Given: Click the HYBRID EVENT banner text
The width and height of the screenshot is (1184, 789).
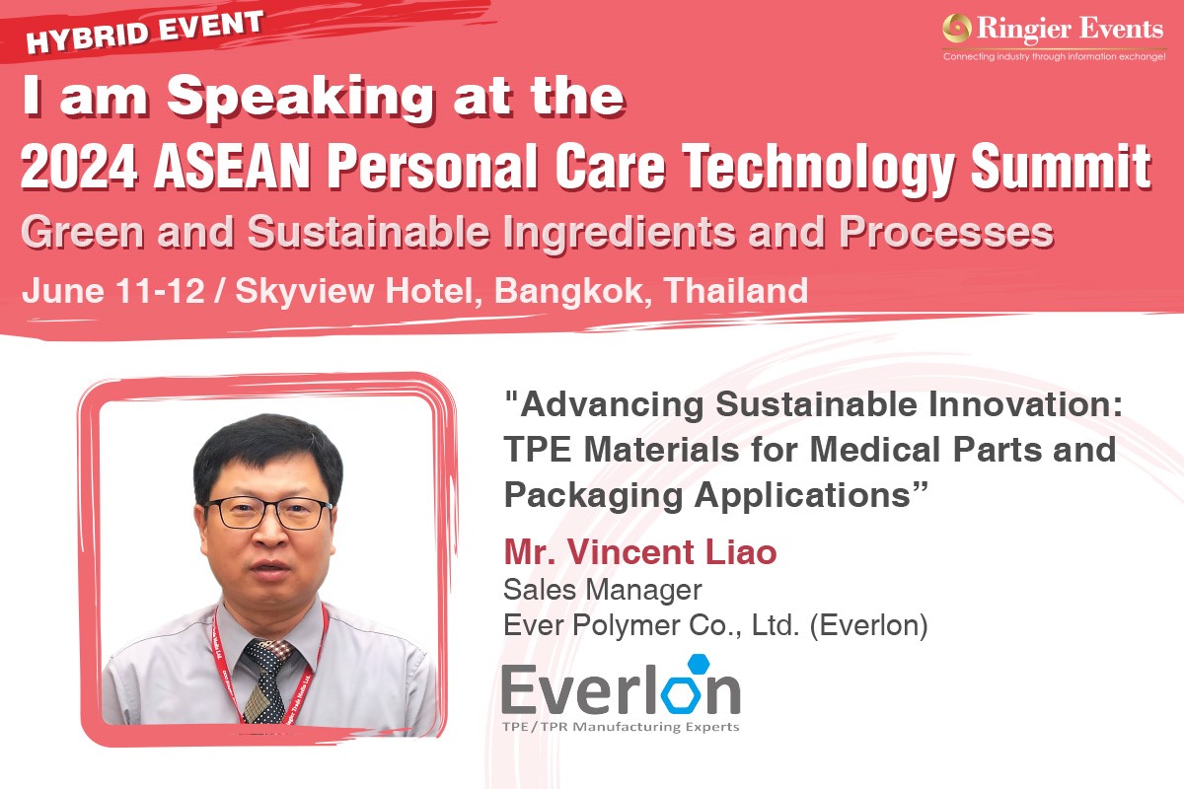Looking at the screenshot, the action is [144, 33].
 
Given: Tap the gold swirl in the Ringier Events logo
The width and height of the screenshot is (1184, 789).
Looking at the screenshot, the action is [957, 28].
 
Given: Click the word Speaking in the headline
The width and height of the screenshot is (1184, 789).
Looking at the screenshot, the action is [300, 99].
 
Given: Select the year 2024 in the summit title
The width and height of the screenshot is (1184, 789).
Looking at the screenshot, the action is [79, 166].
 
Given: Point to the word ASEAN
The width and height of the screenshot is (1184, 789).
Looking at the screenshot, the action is [232, 166].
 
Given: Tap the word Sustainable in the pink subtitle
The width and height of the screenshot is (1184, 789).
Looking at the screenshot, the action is [368, 232].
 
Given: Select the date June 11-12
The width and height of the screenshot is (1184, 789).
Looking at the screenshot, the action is [113, 290].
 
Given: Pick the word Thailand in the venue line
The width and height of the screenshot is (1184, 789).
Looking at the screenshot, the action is [736, 290].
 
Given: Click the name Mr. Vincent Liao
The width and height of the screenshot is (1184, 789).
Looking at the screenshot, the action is [640, 551].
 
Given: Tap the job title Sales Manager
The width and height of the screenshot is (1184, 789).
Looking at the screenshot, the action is [603, 591].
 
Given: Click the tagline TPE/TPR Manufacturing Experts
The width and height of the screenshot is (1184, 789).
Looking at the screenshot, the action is [621, 727].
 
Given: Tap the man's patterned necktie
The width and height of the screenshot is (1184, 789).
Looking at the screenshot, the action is [265, 681].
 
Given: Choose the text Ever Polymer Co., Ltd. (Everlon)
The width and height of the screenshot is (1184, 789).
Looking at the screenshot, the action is [715, 625].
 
